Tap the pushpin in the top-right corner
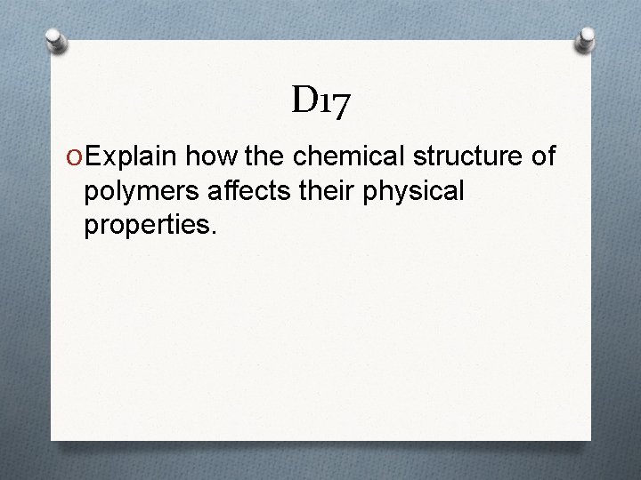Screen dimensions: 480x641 pos(588,37)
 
